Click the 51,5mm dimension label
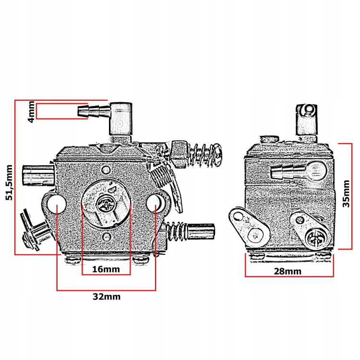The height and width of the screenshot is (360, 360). point(9,182)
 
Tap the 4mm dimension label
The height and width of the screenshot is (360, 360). point(31,112)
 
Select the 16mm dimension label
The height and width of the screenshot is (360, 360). point(106,269)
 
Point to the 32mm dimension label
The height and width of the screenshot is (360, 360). point(107,297)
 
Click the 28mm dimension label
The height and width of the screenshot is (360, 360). point(288,271)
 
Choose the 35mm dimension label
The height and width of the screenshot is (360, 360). point(346,193)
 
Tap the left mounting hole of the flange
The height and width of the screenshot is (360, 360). point(57,204)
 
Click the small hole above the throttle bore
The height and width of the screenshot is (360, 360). point(106,170)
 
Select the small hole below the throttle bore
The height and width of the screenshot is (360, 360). point(107,236)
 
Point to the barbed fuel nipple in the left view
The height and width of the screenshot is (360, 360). point(95,111)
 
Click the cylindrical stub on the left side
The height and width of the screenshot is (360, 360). point(38,175)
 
